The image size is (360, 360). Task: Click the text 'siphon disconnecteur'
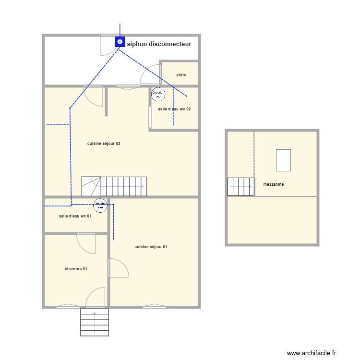tap(159, 44)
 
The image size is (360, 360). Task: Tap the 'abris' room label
tap(181, 75)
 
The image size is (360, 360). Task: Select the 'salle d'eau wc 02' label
tap(174, 109)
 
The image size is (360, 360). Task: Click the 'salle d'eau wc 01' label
tap(75, 216)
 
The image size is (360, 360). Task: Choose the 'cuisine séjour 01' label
tap(151, 247)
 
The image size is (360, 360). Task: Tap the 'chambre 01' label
tap(76, 269)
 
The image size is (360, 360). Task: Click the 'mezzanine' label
tap(274, 184)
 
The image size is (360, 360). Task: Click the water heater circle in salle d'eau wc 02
tap(158, 94)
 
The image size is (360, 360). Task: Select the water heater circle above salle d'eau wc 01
tap(100, 205)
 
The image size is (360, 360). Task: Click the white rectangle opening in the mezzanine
tap(283, 160)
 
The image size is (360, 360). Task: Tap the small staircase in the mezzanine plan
tap(240, 186)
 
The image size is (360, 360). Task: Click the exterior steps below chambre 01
tap(95, 322)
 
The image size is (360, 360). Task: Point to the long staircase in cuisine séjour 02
tap(114, 186)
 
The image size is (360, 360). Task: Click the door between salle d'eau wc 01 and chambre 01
tap(87, 243)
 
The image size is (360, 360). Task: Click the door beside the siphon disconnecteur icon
tap(107, 45)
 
